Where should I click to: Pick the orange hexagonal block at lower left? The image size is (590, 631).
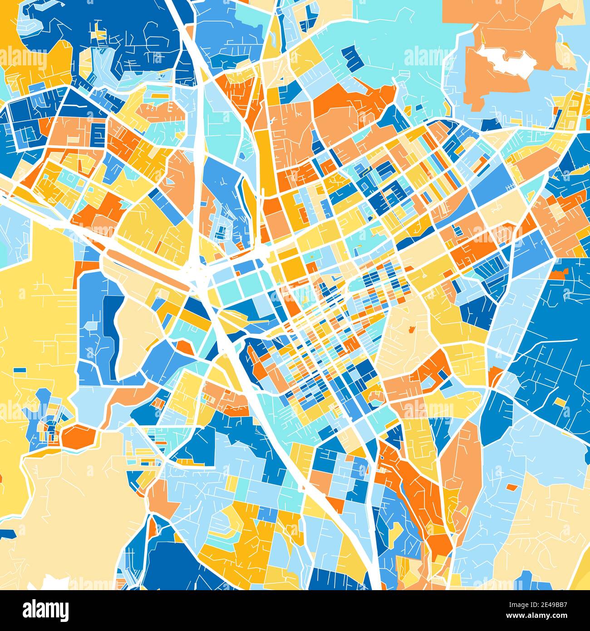click(x=78, y=436)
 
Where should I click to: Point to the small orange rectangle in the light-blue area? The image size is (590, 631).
click(x=511, y=487)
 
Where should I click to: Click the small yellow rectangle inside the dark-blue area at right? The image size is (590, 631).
click(x=560, y=403)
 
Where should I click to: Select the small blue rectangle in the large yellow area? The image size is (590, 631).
click(x=20, y=370)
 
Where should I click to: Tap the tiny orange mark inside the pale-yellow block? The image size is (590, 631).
click(x=412, y=329)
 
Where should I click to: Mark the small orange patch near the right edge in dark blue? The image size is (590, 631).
click(x=558, y=273)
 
